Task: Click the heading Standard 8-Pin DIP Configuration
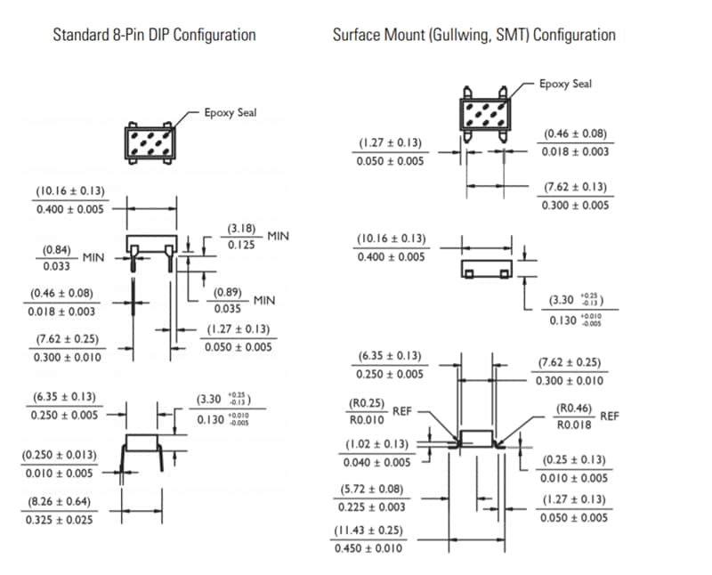tap(154, 36)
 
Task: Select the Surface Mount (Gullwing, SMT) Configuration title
tap(474, 36)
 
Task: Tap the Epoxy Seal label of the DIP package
tap(230, 113)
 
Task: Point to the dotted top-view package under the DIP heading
tap(149, 143)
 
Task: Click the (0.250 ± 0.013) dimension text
tap(61, 456)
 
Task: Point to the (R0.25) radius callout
tap(366, 403)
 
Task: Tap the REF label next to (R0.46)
tap(610, 416)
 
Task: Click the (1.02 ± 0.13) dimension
tap(377, 444)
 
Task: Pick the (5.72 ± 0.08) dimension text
tap(371, 490)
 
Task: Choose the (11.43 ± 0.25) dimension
tap(370, 530)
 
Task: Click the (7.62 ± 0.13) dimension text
tap(575, 187)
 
